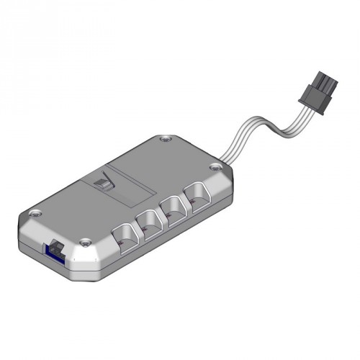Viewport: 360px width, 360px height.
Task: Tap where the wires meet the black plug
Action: click(301, 108)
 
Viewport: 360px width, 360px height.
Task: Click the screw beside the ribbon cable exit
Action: click(214, 168)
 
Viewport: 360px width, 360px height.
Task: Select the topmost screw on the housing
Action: click(166, 136)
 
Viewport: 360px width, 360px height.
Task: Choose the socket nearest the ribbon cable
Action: click(196, 194)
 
